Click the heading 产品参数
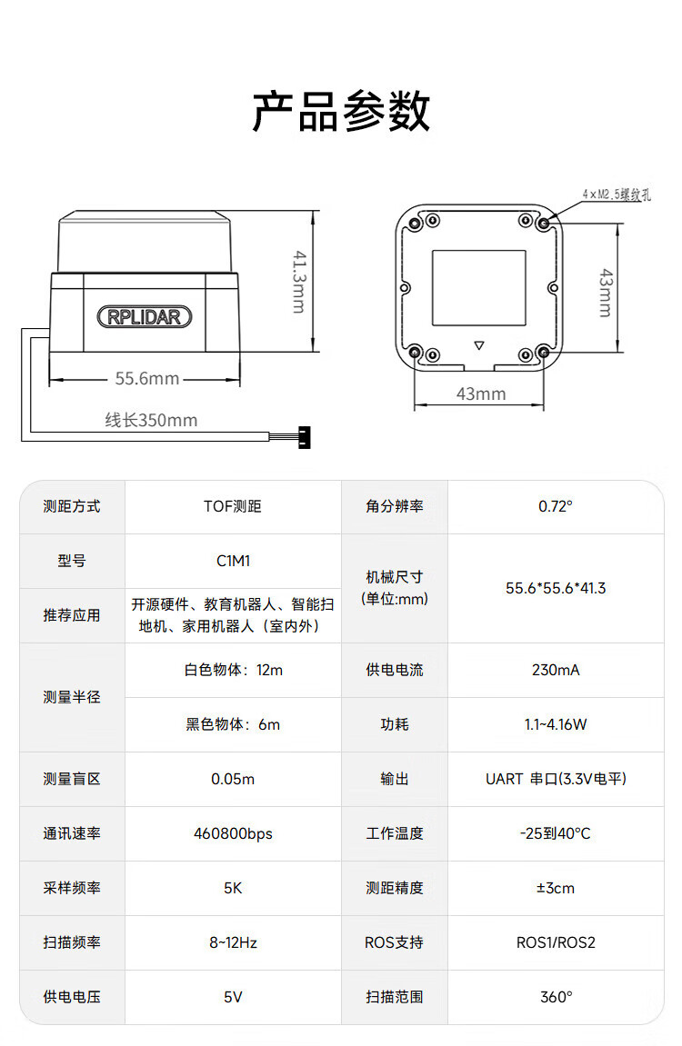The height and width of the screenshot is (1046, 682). coord(341,111)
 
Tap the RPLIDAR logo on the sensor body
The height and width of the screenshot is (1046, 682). coord(145,316)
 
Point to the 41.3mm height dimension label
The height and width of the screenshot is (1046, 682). coord(300,282)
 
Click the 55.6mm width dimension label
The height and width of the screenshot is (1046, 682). coord(146,378)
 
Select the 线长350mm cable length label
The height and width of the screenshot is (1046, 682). coord(152,420)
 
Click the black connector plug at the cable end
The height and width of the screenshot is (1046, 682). coord(305,438)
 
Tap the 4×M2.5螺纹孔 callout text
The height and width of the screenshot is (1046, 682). coord(616,194)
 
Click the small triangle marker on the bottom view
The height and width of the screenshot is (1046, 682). coord(478,345)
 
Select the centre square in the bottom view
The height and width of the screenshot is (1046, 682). coord(478,287)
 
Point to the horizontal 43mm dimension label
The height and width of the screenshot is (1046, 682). coord(481,393)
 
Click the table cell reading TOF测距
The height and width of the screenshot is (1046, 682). coord(233,506)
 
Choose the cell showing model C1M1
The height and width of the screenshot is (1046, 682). coord(233,561)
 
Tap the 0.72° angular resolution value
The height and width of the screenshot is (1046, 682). coord(556,506)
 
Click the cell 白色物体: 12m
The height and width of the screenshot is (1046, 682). coord(233,670)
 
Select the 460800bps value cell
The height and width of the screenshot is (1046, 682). coord(233,833)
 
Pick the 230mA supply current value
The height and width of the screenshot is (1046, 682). coord(556,670)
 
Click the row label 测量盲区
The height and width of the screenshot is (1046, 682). coord(72,779)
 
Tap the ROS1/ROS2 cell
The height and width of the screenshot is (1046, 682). coord(556,942)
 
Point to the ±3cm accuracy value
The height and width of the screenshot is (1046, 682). coord(556,888)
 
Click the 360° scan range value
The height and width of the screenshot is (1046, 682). coord(556,997)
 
